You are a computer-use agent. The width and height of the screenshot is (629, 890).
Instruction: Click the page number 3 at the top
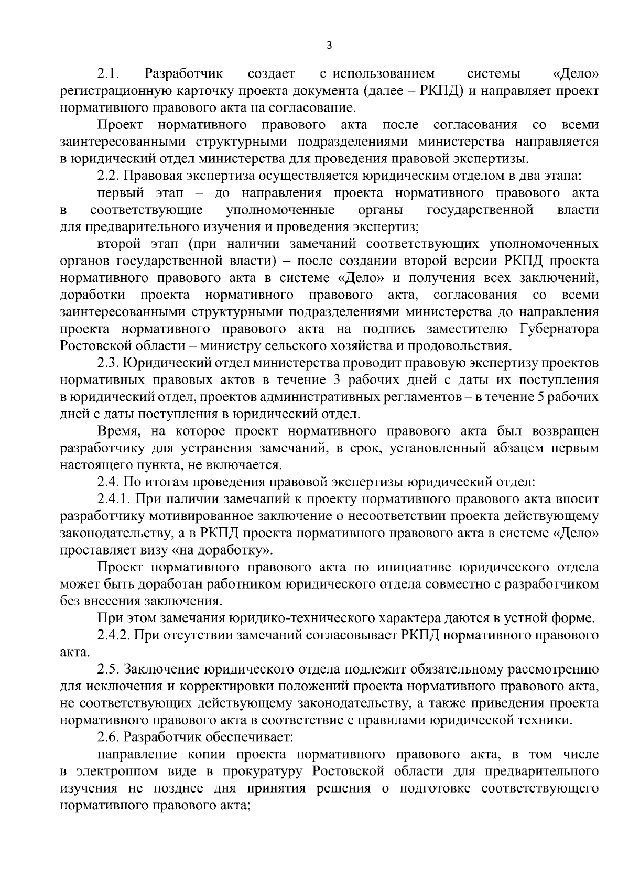pyautogui.click(x=329, y=46)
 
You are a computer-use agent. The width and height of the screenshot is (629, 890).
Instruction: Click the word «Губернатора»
pyautogui.click(x=559, y=329)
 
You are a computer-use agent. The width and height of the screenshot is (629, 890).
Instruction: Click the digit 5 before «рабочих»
pyautogui.click(x=540, y=397)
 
